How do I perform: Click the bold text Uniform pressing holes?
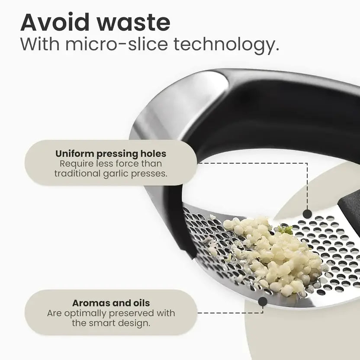[111, 154]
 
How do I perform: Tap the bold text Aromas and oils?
[111, 304]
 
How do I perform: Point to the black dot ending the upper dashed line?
[307, 213]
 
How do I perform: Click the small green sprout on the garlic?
[285, 230]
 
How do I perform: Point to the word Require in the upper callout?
[75, 164]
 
